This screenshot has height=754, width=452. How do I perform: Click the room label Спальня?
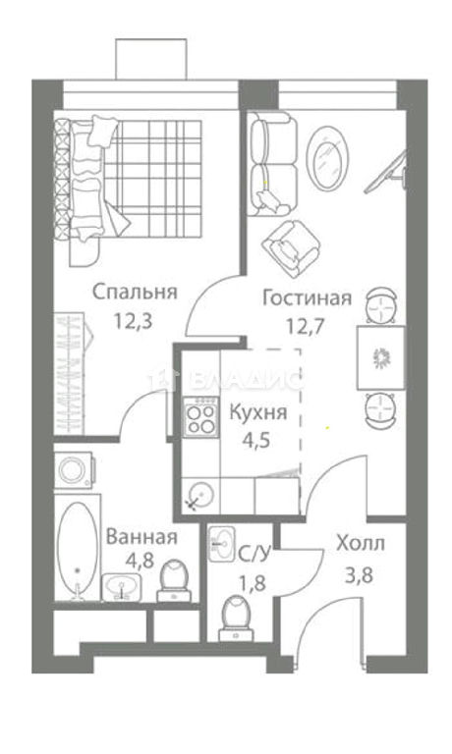[135, 293]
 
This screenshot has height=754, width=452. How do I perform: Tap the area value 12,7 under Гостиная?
[307, 327]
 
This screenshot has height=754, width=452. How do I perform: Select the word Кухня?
[258, 412]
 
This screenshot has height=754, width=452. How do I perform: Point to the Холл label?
[361, 543]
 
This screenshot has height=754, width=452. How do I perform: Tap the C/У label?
[254, 555]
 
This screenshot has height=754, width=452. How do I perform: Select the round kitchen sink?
[200, 495]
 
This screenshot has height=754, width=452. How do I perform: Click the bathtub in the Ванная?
[77, 548]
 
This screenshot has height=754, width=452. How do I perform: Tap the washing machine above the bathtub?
[74, 470]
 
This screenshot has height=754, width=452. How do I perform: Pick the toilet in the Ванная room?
[174, 580]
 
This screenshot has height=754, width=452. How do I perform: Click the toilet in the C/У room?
[236, 618]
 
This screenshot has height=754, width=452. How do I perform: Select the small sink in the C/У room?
[222, 544]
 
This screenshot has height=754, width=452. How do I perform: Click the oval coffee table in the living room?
[328, 158]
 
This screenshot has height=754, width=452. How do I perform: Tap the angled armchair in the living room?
[292, 248]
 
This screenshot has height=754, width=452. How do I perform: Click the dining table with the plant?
[380, 357]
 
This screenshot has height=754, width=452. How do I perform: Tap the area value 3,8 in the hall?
[359, 574]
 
